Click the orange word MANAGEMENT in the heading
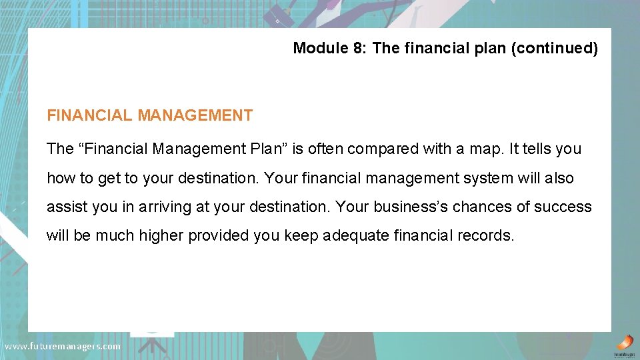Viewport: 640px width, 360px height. click(x=195, y=115)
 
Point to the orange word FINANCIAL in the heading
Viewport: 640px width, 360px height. click(x=89, y=115)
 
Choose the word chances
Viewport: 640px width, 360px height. click(x=479, y=207)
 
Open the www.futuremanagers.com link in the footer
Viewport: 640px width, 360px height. click(x=63, y=346)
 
